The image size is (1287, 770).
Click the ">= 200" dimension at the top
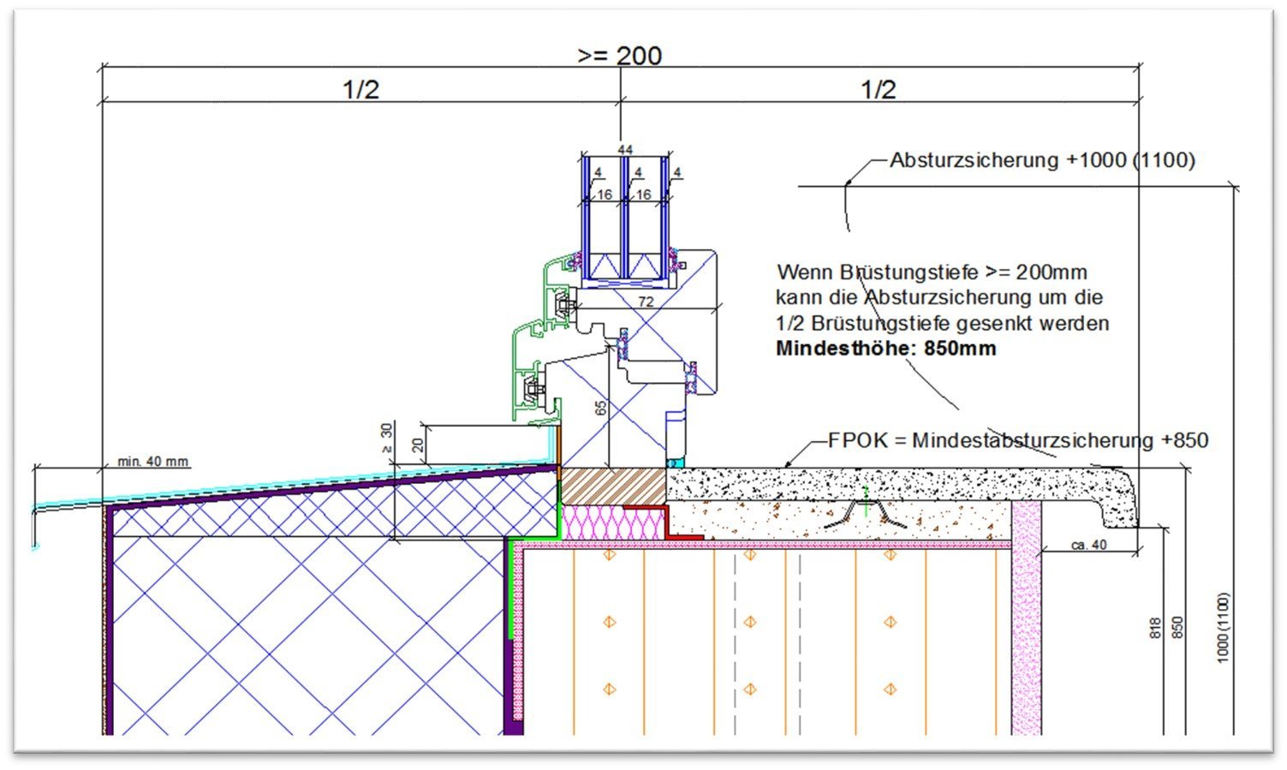tap(619, 56)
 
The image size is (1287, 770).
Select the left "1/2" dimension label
tap(360, 89)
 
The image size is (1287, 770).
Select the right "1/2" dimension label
tap(879, 89)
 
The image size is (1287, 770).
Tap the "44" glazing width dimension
tap(625, 150)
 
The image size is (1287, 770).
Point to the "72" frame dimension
tap(646, 301)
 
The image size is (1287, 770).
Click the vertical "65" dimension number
tap(600, 408)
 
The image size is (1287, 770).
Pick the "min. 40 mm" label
tap(152, 462)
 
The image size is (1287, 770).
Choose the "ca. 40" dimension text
tap(1088, 545)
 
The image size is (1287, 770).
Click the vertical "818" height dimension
tap(1154, 628)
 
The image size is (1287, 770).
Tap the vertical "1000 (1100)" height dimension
tap(1223, 627)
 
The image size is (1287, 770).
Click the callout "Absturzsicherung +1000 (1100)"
tap(1042, 160)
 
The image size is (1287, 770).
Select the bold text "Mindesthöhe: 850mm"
tap(885, 349)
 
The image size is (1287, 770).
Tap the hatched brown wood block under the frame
tap(613, 486)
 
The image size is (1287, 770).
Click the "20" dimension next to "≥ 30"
tap(417, 445)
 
